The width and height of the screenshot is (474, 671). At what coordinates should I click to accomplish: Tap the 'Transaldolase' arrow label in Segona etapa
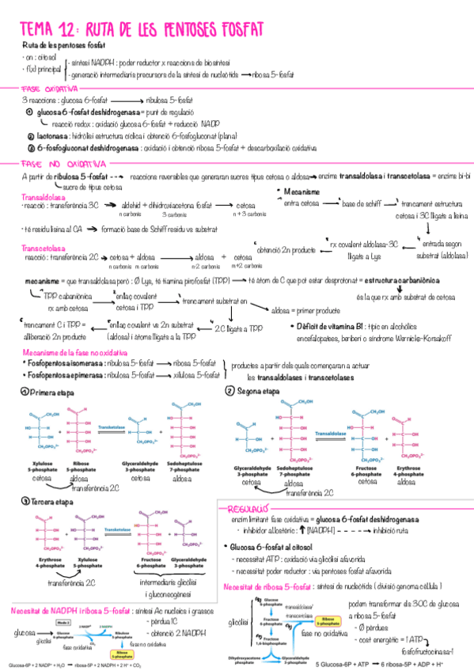tap(332, 434)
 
